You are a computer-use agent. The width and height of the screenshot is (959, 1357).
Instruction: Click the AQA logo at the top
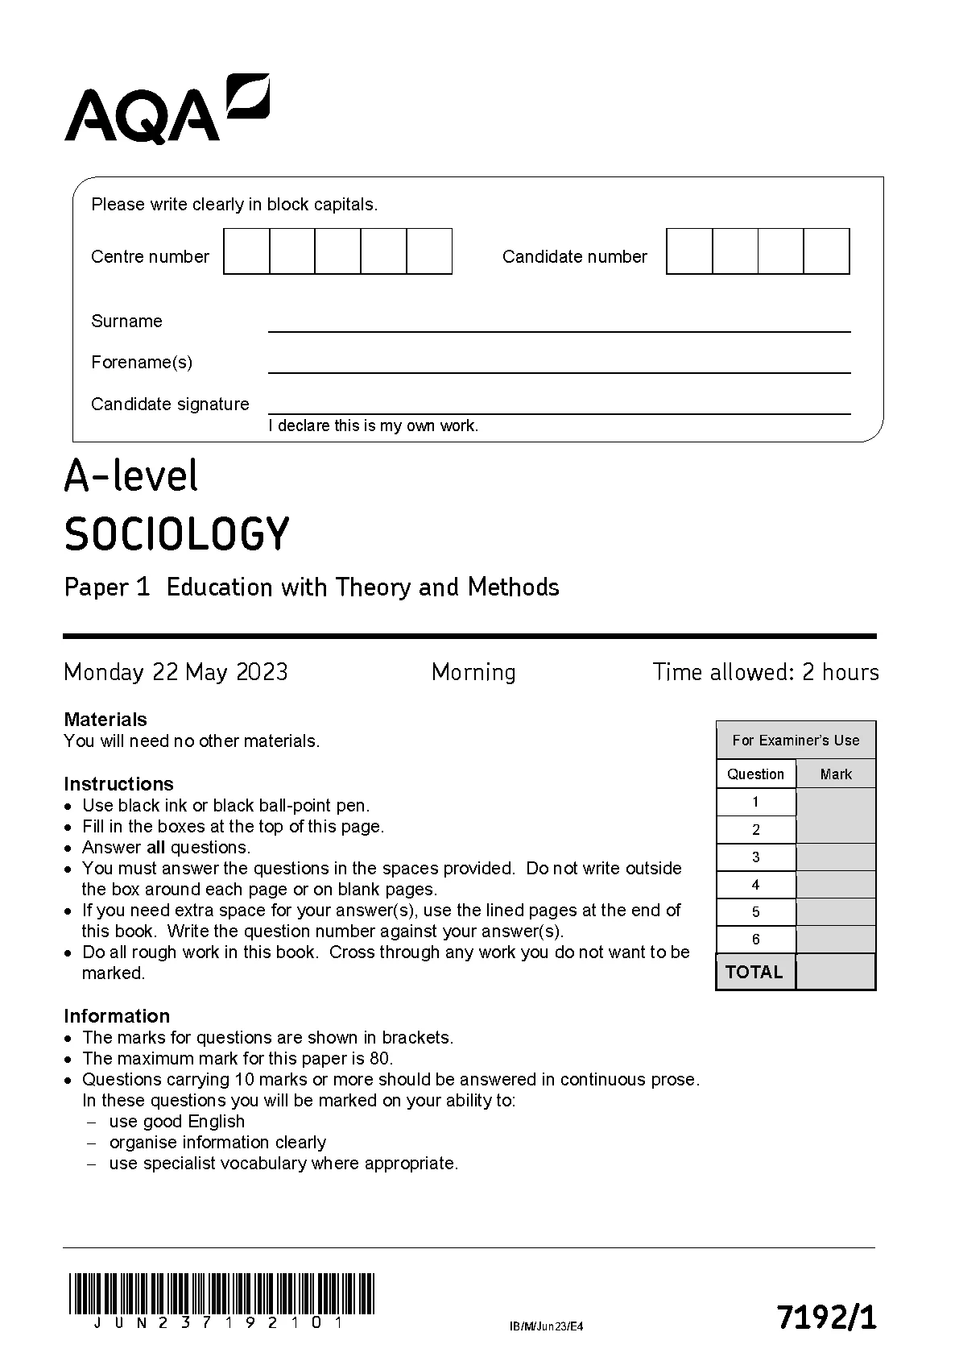[166, 110]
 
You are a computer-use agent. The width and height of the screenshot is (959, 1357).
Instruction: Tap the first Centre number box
[246, 251]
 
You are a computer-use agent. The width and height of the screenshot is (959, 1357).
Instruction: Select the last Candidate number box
[826, 251]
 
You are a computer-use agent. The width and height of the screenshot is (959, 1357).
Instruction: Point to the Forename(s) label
[142, 363]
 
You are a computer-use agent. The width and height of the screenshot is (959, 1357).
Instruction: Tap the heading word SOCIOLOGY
[176, 534]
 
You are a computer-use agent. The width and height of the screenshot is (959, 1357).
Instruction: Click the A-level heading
[130, 475]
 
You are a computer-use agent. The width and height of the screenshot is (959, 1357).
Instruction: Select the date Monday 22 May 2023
[176, 672]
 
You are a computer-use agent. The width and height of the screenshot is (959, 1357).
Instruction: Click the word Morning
[473, 672]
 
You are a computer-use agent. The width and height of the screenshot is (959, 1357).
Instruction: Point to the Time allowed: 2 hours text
[765, 672]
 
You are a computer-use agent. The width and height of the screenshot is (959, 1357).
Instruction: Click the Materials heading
[105, 720]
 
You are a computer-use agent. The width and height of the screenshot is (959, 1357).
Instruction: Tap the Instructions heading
[118, 784]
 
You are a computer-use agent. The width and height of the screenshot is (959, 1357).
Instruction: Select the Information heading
[117, 1016]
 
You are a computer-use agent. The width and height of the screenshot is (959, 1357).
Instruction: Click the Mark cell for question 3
[835, 857]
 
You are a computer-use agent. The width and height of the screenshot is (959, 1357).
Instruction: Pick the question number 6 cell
[755, 940]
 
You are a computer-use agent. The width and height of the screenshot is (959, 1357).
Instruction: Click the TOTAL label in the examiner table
[754, 972]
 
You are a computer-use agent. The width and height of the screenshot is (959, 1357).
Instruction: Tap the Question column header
[755, 774]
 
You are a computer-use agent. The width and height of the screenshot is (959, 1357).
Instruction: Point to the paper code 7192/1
[826, 1318]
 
